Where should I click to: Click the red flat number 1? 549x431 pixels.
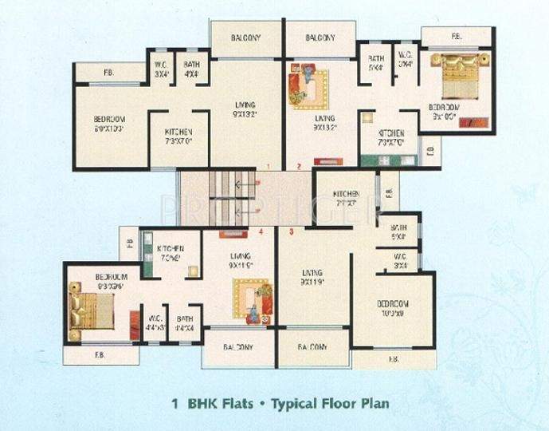pos(269,166)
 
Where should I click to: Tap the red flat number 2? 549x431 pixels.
pos(298,167)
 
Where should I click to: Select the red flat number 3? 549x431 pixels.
pos(292,232)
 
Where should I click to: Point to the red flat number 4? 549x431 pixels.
pos(261,232)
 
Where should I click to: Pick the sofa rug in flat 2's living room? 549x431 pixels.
pos(309,88)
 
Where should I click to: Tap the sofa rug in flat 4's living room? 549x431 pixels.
pos(250,300)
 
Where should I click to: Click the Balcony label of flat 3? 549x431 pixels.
pos(312,348)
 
